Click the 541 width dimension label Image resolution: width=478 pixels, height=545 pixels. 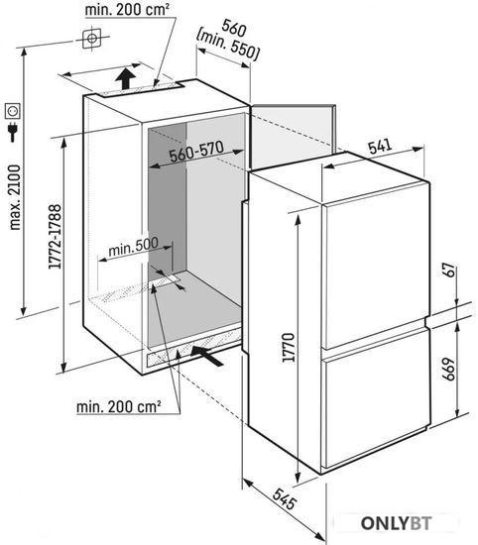(x=380, y=147)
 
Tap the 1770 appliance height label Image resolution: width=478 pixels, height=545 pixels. (x=289, y=347)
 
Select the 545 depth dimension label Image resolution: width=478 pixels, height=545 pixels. (x=285, y=498)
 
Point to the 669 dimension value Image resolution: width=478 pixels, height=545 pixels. (x=449, y=370)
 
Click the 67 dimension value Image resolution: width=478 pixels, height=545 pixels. (x=450, y=271)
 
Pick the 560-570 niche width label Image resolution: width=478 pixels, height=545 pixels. (x=197, y=152)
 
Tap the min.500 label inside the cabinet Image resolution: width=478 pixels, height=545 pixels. (x=133, y=247)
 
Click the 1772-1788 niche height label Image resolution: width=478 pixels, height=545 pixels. (x=55, y=237)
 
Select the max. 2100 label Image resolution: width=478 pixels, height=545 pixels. (x=15, y=197)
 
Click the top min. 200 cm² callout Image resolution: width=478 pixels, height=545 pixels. (x=127, y=10)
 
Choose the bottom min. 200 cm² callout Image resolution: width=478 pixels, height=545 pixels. (x=119, y=406)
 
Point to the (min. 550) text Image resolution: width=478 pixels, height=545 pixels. (x=228, y=48)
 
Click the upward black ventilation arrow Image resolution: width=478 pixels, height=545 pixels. (x=125, y=78)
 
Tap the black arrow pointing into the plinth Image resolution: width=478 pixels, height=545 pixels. (x=207, y=355)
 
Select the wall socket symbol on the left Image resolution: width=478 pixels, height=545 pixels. (x=13, y=111)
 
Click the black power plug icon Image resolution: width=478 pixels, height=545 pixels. (x=13, y=132)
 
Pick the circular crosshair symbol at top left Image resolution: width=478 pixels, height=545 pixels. (x=92, y=39)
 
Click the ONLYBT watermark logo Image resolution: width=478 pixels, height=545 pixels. (x=397, y=523)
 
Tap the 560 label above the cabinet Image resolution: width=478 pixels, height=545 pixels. (x=234, y=28)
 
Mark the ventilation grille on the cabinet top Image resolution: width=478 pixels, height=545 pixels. (x=141, y=89)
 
